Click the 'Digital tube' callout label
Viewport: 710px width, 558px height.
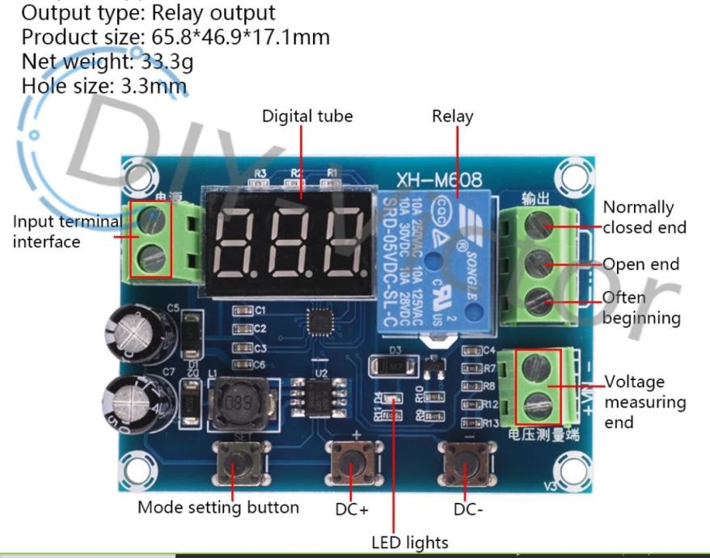pyautogui.click(x=307, y=116)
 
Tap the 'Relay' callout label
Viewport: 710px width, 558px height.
pyautogui.click(x=453, y=116)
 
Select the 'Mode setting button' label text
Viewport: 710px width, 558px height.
pyautogui.click(x=218, y=508)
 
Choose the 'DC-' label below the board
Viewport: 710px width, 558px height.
pyautogui.click(x=469, y=509)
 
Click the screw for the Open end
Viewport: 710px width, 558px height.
pyautogui.click(x=539, y=263)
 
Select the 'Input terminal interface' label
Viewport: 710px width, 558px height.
pyautogui.click(x=66, y=231)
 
